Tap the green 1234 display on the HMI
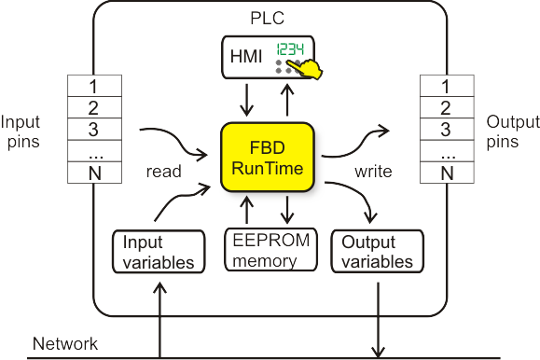point(292,53)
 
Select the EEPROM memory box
point(271,247)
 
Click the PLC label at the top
point(269,17)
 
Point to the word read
point(163,172)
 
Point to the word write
point(373,172)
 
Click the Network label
point(65,343)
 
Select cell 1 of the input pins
point(93,87)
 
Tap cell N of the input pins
point(93,173)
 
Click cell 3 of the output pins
point(445,130)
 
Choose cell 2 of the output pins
point(445,108)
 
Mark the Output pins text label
point(512,133)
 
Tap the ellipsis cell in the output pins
point(445,151)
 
